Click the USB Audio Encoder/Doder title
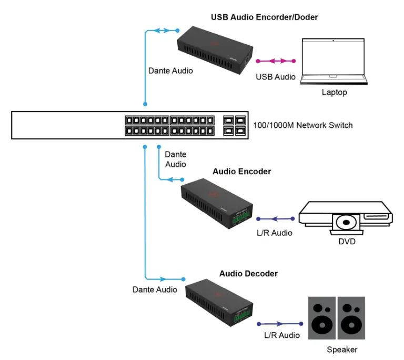pyautogui.click(x=264, y=17)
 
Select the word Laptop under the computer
pyautogui.click(x=334, y=93)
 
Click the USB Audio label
pyautogui.click(x=276, y=77)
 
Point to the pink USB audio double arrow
pyautogui.click(x=276, y=61)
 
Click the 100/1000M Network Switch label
pyautogui.click(x=302, y=125)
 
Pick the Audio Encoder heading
pyautogui.click(x=241, y=172)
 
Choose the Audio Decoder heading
pyautogui.click(x=248, y=274)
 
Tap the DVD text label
pyautogui.click(x=347, y=242)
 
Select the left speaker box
pyautogui.click(x=322, y=317)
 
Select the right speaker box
pyautogui.click(x=350, y=317)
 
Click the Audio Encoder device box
pyautogui.click(x=217, y=203)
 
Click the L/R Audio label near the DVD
pyautogui.click(x=276, y=233)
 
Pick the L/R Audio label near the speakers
pyautogui.click(x=282, y=335)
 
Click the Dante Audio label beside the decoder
pyautogui.click(x=155, y=289)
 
